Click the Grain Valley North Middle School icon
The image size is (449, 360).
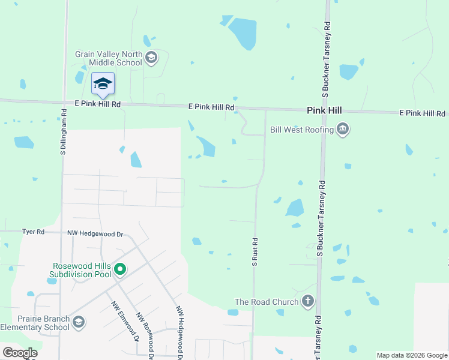[x=151, y=58]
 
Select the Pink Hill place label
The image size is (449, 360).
[x=324, y=110]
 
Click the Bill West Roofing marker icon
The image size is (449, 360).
[x=343, y=129]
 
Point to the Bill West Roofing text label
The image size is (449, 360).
[x=302, y=130]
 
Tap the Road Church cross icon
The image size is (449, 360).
[x=308, y=301]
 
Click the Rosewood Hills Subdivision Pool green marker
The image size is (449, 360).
[x=119, y=269]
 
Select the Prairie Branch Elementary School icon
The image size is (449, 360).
[x=78, y=323]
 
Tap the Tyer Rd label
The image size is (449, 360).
[x=33, y=232]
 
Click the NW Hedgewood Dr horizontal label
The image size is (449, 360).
[x=95, y=234]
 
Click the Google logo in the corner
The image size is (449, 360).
[x=20, y=353]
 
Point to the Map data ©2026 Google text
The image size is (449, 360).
[x=412, y=355]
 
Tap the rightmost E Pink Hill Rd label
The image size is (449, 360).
[x=423, y=113]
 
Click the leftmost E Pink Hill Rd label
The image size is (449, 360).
[x=98, y=104]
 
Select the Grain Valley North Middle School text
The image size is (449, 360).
[x=109, y=58]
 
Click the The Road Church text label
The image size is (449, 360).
[x=267, y=302]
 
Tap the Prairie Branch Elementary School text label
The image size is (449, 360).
[x=35, y=323]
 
